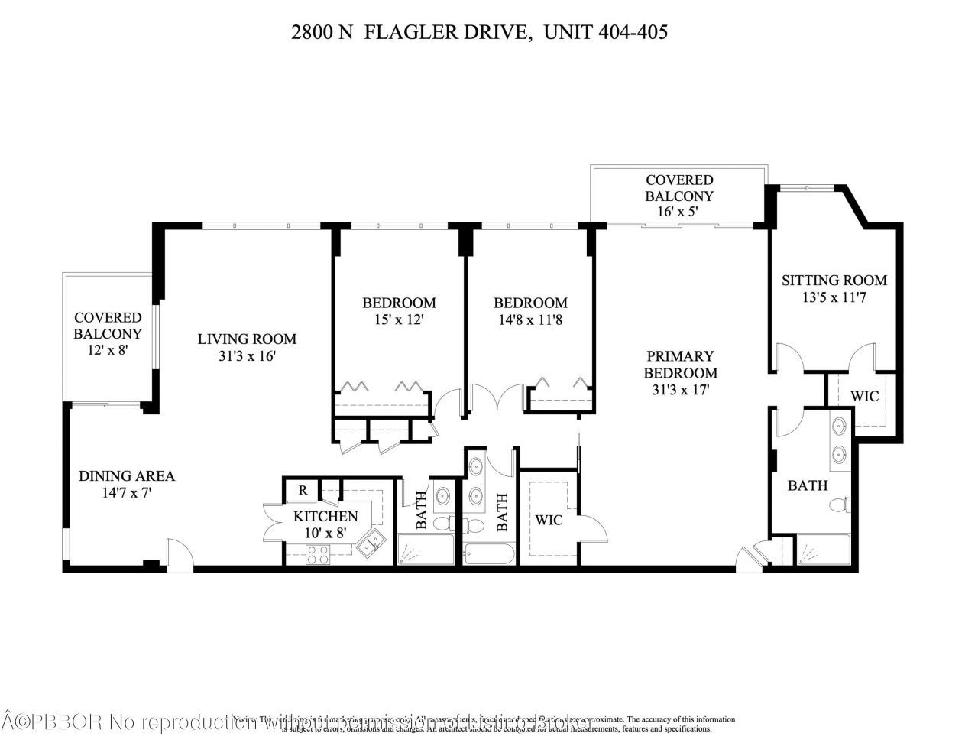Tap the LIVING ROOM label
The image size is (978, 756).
(x=247, y=339)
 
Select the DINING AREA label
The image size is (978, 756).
(x=127, y=475)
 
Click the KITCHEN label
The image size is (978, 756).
(x=325, y=516)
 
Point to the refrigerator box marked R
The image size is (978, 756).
(x=303, y=490)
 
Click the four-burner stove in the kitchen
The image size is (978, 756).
(x=319, y=556)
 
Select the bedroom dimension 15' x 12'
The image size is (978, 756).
(x=398, y=320)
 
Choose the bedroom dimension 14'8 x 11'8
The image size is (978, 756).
(x=529, y=320)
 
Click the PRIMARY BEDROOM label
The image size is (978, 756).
(x=680, y=365)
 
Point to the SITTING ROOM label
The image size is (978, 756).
(x=834, y=281)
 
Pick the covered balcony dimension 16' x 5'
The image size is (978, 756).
(x=679, y=212)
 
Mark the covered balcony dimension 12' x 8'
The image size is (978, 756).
(x=108, y=351)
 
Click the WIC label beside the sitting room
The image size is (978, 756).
(x=864, y=396)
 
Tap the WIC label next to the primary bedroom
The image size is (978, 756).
(x=549, y=520)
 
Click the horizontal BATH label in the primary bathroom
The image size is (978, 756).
(x=808, y=485)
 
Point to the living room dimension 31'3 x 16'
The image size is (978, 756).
(x=247, y=356)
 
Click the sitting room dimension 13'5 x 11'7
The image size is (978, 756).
(x=834, y=298)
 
